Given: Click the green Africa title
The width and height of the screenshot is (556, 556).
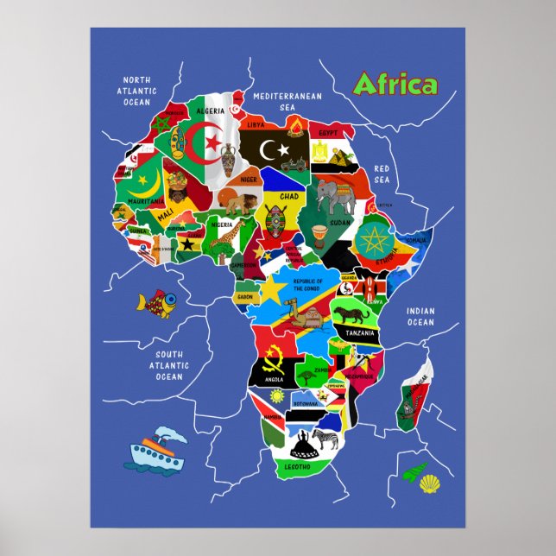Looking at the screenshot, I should pyautogui.click(x=395, y=85).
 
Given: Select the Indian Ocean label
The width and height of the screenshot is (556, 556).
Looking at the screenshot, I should pyautogui.click(x=420, y=317).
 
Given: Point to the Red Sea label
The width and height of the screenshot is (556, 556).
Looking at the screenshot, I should pyautogui.click(x=382, y=174).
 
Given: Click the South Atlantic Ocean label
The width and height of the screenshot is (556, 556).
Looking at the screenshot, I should pyautogui.click(x=169, y=365).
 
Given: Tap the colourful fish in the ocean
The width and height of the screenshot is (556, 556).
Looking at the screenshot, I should pyautogui.click(x=156, y=303).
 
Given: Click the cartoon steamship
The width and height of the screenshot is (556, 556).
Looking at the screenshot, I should pyautogui.click(x=158, y=449).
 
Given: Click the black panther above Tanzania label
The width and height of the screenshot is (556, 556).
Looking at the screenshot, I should pyautogui.click(x=352, y=315).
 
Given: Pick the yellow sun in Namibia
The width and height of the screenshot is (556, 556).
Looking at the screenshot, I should pyautogui.click(x=276, y=396).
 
